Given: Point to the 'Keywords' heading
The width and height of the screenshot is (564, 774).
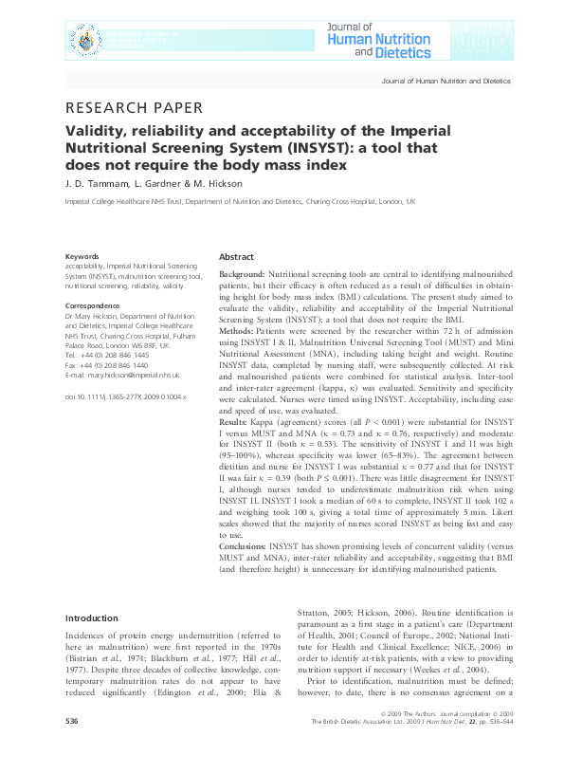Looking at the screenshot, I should tap(81, 257).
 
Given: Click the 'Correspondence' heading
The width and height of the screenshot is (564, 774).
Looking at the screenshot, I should tap(92, 305).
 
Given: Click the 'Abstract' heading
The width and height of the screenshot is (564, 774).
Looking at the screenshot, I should tap(236, 257).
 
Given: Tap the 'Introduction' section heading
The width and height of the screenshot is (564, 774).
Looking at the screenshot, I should tap(91, 617).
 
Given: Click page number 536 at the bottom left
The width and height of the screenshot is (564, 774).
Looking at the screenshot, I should tap(71, 748).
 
